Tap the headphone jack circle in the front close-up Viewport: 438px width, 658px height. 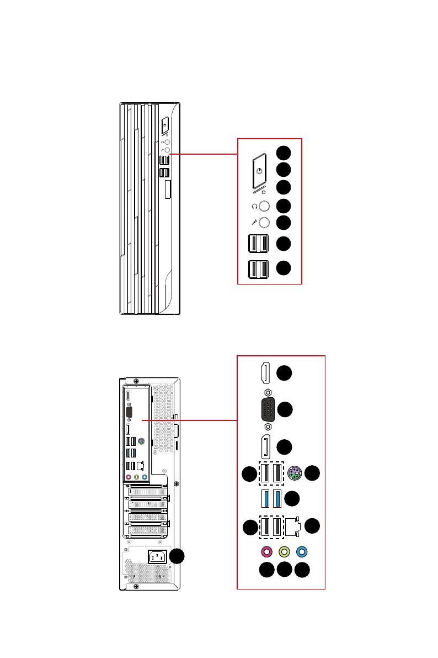pos(264,206)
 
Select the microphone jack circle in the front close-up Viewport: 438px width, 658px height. pos(264,223)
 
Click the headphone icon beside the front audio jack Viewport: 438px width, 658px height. pos(254,207)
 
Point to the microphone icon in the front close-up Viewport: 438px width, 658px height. pos(254,223)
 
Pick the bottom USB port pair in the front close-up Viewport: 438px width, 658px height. pos(259,269)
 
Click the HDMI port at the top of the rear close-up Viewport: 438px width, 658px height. pos(265,373)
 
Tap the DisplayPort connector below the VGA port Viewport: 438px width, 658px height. pos(265,447)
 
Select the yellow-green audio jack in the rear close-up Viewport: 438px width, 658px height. pos(285,551)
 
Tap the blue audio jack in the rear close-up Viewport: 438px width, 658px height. pos(301,551)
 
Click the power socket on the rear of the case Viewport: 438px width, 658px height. pos(157,557)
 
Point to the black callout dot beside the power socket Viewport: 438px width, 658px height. pos(177,557)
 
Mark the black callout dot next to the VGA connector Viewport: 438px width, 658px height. pos(284,409)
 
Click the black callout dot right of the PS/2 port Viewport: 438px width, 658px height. pos(312,472)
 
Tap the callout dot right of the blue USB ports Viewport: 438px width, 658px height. pos(292,498)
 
